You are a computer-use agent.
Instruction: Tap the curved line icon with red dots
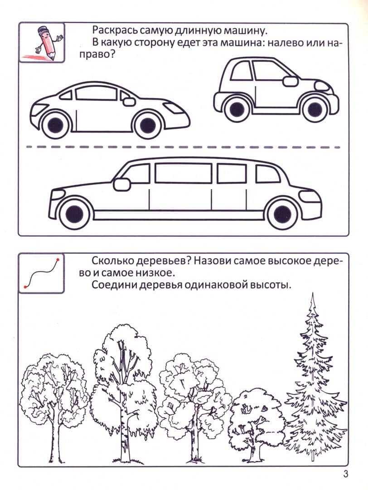tap(42, 273)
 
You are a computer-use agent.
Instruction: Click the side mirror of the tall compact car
tap(291, 81)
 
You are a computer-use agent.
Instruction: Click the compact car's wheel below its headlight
tap(314, 108)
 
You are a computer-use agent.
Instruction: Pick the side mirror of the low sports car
tap(128, 102)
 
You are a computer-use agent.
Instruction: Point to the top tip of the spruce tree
tap(312, 293)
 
